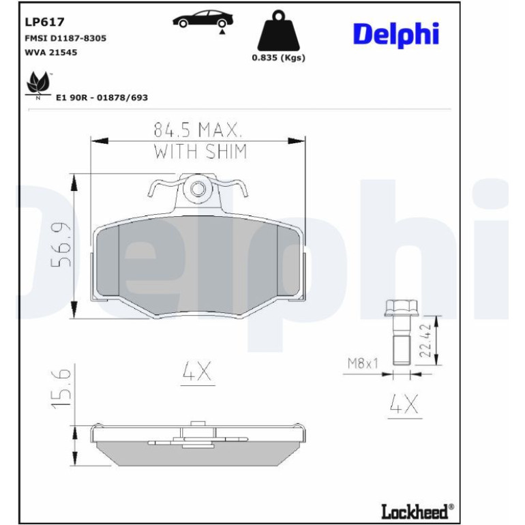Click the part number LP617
[44, 22]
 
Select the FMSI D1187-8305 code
[65, 38]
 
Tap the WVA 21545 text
[51, 52]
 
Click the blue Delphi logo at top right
[396, 35]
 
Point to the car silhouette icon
[203, 20]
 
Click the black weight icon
[279, 30]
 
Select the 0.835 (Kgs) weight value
[279, 57]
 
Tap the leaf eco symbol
[37, 85]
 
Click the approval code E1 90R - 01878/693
[102, 97]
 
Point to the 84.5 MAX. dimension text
[198, 130]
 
